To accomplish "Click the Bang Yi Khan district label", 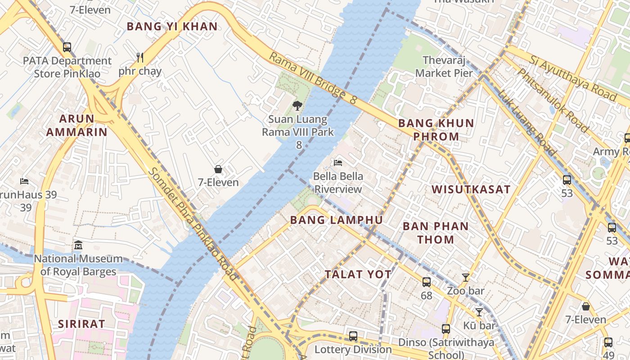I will pyautogui.click(x=172, y=27).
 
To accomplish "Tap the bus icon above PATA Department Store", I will pyautogui.click(x=67, y=47).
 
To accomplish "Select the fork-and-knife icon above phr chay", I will pyautogui.click(x=140, y=57).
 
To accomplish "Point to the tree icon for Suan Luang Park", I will pyautogui.click(x=297, y=106).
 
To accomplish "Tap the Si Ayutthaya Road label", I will pyautogui.click(x=572, y=78).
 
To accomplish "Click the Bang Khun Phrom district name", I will pyautogui.click(x=436, y=130).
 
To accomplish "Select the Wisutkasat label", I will pyautogui.click(x=471, y=189).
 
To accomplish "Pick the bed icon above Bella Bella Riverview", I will pyautogui.click(x=338, y=162).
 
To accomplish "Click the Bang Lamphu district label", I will pyautogui.click(x=337, y=220).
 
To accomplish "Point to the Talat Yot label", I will pyautogui.click(x=358, y=274).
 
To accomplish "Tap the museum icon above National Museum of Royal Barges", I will pyautogui.click(x=78, y=245).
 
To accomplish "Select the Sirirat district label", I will pyautogui.click(x=81, y=324).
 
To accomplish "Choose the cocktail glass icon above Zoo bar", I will pyautogui.click(x=466, y=278).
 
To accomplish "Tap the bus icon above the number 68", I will pyautogui.click(x=426, y=282).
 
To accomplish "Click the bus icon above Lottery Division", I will pyautogui.click(x=353, y=336).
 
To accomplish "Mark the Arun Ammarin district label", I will pyautogui.click(x=77, y=126).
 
